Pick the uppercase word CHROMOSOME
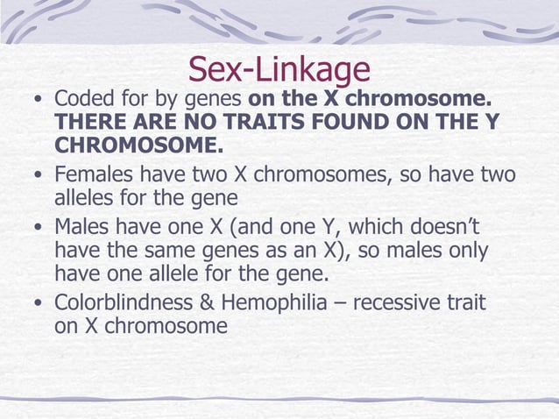tap(135, 144)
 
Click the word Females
tap(96, 175)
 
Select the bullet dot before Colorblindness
tap(36, 304)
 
